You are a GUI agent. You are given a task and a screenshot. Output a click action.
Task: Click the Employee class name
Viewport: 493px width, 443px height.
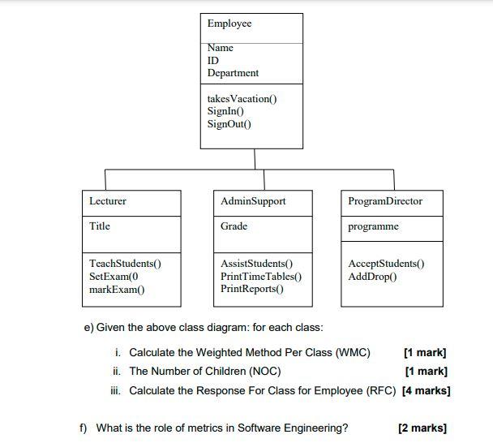229,24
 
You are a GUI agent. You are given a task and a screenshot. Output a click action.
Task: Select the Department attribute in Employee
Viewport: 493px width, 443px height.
233,73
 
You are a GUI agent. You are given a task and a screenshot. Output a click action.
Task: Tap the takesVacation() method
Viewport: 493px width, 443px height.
242,99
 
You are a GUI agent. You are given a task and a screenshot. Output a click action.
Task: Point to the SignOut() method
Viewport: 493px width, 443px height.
229,124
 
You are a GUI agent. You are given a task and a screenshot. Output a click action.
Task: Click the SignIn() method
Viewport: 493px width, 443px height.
226,111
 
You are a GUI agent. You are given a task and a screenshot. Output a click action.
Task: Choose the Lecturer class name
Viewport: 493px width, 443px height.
108,200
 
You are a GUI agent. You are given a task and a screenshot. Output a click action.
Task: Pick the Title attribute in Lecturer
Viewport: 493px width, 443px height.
100,226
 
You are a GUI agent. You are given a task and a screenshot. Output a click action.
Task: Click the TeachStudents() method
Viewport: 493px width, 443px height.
125,264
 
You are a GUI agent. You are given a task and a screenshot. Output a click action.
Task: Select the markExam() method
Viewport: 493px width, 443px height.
117,289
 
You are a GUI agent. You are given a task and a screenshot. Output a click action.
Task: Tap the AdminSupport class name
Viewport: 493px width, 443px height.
253,200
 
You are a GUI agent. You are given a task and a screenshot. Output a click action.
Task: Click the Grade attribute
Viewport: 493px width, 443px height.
234,226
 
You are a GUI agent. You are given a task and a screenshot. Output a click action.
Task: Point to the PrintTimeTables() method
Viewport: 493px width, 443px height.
261,277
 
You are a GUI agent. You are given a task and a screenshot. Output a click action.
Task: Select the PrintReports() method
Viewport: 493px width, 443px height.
252,289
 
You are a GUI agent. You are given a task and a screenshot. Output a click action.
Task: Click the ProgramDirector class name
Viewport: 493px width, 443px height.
385,200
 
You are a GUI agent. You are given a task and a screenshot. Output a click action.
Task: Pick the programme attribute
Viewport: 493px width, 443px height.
373,226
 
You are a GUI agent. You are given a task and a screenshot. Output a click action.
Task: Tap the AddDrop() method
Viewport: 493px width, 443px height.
372,277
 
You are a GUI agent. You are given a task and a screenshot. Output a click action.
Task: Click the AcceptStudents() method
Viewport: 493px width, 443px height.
386,264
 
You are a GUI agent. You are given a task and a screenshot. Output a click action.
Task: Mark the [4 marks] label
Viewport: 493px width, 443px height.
427,390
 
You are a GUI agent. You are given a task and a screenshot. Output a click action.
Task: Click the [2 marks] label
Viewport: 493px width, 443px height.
422,428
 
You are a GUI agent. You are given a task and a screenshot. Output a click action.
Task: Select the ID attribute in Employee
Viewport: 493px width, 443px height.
213,61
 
